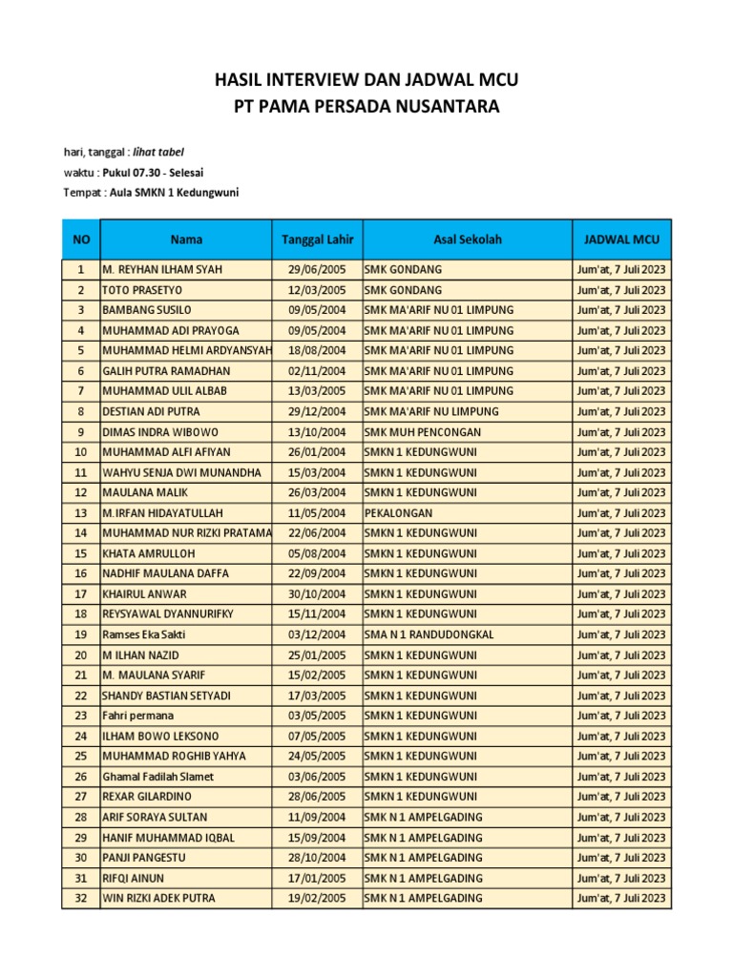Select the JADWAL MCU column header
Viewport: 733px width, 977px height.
click(x=621, y=239)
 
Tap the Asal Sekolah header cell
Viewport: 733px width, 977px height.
click(x=467, y=239)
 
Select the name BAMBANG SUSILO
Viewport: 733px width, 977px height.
click(x=147, y=310)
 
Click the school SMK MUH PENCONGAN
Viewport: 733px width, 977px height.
click(x=422, y=431)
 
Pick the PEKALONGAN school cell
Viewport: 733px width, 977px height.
click(x=397, y=512)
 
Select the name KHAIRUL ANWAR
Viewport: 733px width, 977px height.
click(x=145, y=593)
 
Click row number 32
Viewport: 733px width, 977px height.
click(x=80, y=898)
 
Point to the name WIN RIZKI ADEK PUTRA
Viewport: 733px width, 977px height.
click(x=158, y=898)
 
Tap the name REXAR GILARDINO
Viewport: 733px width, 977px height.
click(x=147, y=797)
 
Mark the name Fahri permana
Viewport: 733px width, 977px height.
click(x=138, y=716)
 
